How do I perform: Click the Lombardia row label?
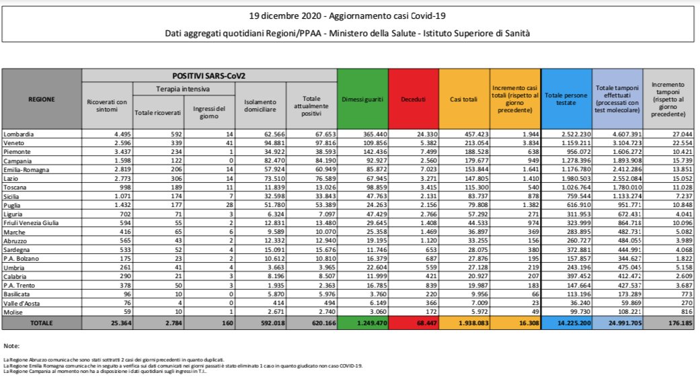pos(20,134)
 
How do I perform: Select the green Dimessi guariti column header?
pos(363,99)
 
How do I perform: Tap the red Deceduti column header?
pos(414,99)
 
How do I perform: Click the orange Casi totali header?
pos(464,99)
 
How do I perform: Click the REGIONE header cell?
pos(42,99)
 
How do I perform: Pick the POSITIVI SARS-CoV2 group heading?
pos(209,75)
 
